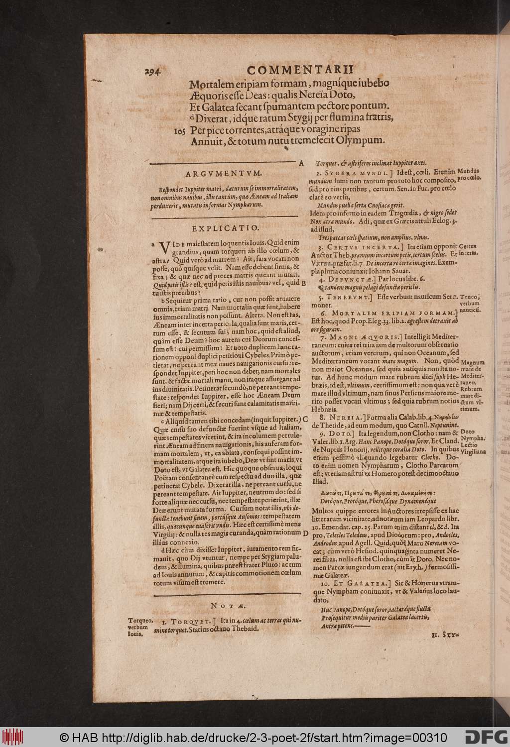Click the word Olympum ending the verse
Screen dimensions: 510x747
coord(360,141)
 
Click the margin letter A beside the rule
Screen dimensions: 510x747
coord(301,163)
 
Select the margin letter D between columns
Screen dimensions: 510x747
coord(304,533)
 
